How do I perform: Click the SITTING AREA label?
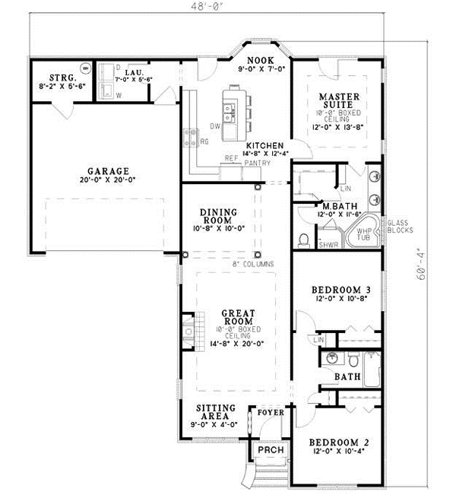[x=216, y=412]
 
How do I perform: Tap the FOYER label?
[x=271, y=413]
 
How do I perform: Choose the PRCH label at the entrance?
[x=271, y=450]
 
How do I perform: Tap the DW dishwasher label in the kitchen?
[x=215, y=125]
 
